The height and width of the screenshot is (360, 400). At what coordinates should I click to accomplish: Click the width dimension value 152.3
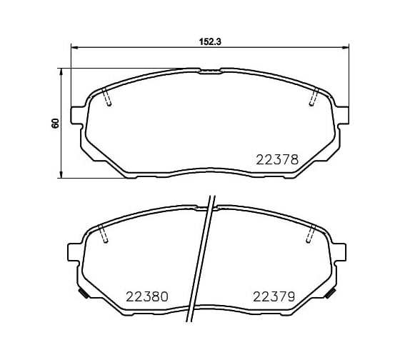[x=210, y=41]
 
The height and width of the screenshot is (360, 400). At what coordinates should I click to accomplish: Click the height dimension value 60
[x=56, y=124]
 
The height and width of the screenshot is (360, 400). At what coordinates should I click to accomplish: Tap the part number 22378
[x=277, y=160]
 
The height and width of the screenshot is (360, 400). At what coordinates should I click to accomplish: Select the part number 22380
[x=147, y=296]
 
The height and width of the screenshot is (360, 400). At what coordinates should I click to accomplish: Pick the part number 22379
[x=274, y=296]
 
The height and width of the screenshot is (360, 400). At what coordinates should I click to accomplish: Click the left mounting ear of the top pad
[x=76, y=116]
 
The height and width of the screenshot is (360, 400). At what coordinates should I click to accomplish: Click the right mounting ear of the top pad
[x=343, y=116]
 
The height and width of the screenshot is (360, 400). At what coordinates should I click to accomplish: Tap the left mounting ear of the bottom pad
[x=73, y=252]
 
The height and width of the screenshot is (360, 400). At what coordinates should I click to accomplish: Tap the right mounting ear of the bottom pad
[x=339, y=252]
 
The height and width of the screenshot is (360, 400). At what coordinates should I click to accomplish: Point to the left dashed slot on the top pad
[x=106, y=96]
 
